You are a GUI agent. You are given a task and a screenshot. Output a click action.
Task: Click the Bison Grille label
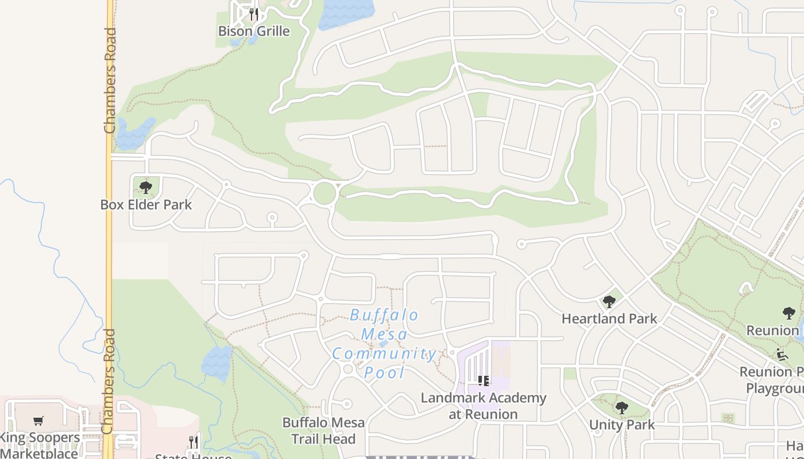254,31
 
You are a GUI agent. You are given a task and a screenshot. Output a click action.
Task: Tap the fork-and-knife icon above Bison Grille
254,13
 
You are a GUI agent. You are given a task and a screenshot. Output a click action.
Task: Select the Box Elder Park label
146,205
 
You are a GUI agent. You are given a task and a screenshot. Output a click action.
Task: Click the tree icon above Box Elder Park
146,187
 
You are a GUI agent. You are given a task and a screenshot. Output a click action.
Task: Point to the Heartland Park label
609,318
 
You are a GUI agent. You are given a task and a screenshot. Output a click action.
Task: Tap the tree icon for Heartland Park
609,301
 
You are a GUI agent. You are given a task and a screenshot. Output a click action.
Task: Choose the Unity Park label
622,425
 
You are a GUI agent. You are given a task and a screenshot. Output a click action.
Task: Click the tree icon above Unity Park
622,408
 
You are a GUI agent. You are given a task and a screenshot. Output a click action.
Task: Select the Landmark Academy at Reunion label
484,406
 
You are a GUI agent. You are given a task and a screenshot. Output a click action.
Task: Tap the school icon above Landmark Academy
484,380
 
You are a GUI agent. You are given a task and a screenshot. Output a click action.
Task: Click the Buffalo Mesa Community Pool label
385,344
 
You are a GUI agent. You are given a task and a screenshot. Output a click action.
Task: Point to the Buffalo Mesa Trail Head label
323,431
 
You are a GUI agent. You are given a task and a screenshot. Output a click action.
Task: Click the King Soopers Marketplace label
40,445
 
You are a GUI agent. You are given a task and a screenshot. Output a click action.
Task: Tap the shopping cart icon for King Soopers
38,421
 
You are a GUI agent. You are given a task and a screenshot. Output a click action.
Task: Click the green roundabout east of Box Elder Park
324,193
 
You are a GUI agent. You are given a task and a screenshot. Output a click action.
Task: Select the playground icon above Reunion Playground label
782,354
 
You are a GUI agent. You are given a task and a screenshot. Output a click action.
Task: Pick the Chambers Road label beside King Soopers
108,382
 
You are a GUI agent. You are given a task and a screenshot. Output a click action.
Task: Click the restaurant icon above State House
194,441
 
